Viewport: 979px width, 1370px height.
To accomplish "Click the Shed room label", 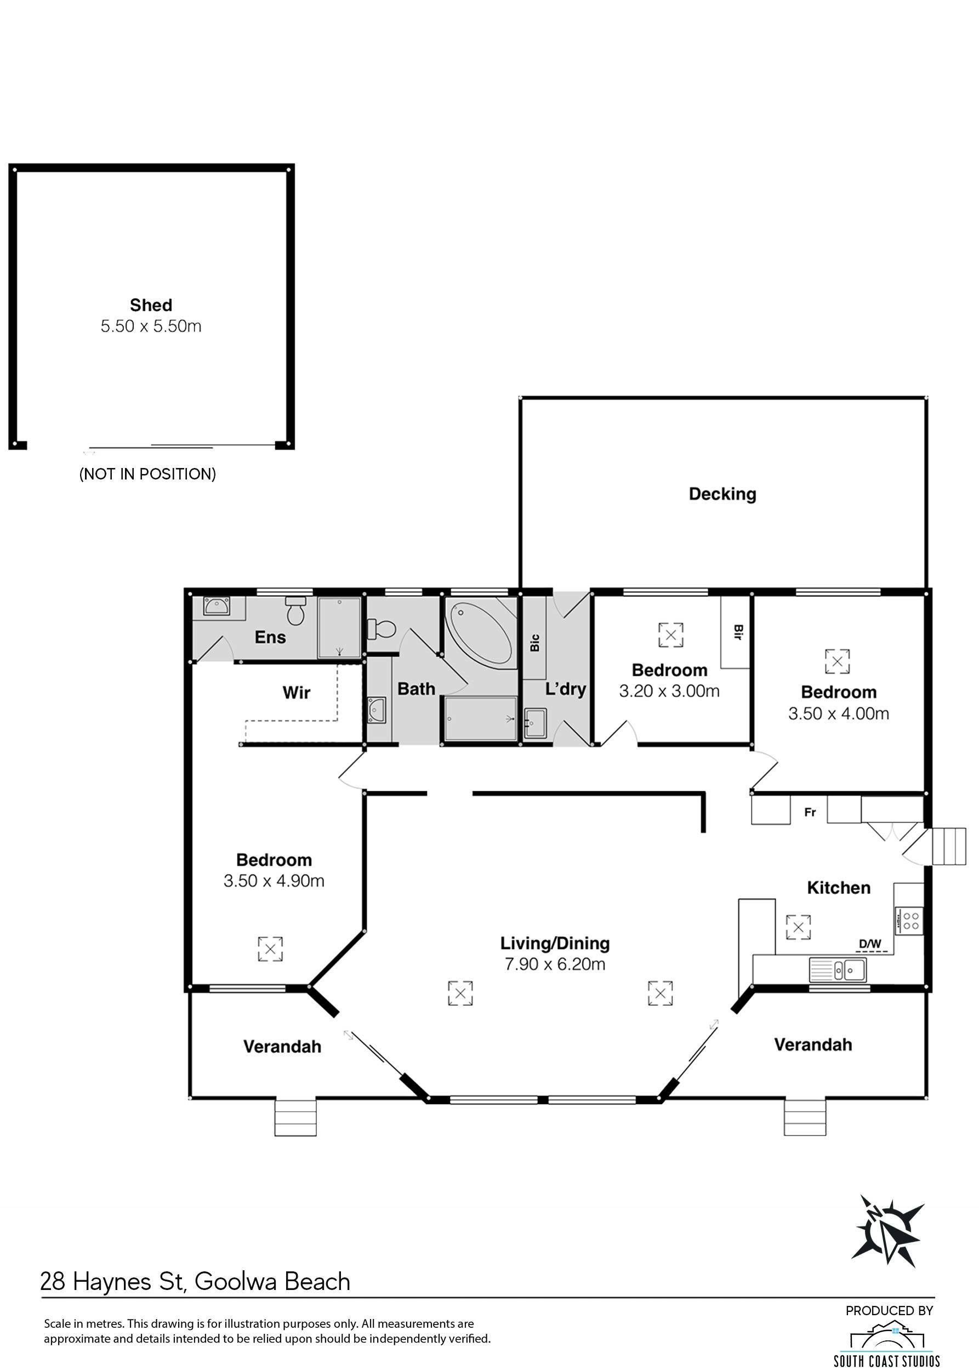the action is [151, 305].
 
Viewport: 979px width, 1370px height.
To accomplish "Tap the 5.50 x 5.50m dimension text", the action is [151, 327].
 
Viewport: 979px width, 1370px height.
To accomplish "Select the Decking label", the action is [722, 494].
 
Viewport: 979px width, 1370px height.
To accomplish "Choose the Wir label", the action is [297, 693].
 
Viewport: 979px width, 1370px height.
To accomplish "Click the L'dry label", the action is [566, 689].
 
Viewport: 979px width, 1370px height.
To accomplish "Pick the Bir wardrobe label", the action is [737, 632].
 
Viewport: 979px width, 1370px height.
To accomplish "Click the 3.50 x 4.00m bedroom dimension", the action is [839, 713].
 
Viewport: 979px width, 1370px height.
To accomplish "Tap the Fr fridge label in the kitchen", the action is [810, 813].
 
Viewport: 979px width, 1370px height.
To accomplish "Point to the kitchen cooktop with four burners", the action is [908, 920].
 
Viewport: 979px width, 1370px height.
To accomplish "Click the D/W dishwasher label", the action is [870, 943].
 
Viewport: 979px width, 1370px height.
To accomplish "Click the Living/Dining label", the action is [555, 943].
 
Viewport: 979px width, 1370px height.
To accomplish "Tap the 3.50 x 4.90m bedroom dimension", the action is [274, 881].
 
